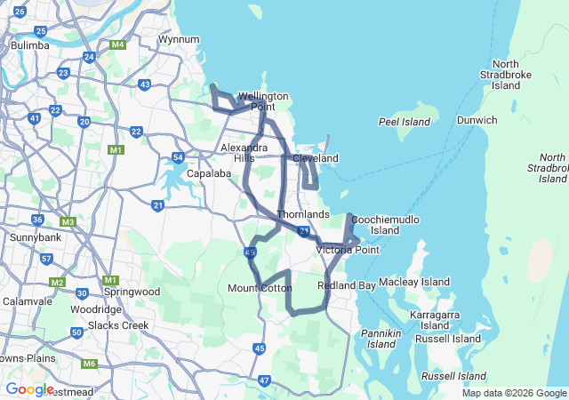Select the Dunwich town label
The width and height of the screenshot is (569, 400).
pos(478,120)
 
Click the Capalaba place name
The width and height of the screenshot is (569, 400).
pos(209,174)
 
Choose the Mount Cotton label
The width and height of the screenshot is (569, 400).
pos(260,288)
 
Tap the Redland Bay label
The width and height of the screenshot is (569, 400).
pos(346,285)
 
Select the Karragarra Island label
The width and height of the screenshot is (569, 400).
pos(435,320)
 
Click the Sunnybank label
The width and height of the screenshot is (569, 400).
pos(33,238)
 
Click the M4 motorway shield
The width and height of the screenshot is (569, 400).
pos(117,44)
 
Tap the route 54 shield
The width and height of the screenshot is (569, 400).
pos(178,157)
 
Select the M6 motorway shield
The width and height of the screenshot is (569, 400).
pos(89,364)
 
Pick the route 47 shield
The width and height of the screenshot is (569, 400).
pos(264,380)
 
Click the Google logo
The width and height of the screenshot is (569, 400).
pos(29,388)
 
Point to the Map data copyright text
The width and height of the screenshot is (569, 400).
pos(513,393)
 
